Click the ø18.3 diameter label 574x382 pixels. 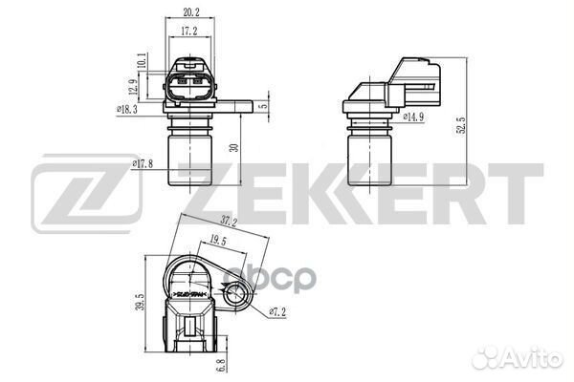coord(128,111)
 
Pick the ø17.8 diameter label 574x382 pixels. coord(143,163)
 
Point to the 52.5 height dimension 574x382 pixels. coord(462,124)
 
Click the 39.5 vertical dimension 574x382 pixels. coord(142,303)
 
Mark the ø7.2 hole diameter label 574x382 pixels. coord(277,312)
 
